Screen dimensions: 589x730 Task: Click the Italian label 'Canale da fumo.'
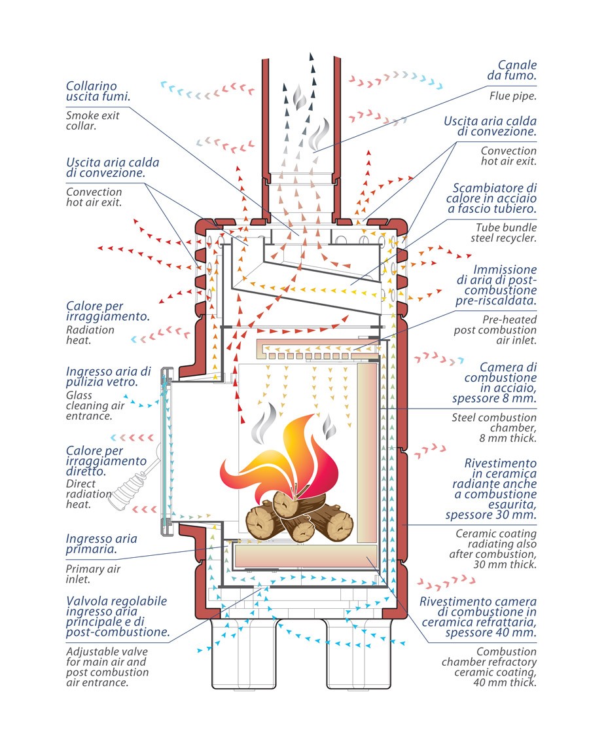point(512,70)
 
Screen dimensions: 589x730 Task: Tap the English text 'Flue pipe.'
point(512,96)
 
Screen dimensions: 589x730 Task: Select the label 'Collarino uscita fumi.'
point(98,91)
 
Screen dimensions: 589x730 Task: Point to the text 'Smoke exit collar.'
point(92,120)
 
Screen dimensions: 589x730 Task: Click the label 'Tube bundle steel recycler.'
point(503,233)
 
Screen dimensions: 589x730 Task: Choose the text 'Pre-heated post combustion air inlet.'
point(495,330)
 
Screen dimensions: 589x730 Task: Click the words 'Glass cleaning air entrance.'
point(95,405)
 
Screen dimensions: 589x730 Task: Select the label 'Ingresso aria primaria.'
point(101,544)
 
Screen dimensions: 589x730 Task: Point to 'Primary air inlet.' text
point(93,574)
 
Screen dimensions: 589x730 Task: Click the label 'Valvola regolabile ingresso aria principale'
point(116,611)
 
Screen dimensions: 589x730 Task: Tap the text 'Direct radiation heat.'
point(88,494)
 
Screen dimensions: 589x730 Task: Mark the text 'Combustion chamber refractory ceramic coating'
point(489,662)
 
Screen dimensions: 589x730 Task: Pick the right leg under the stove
point(359,654)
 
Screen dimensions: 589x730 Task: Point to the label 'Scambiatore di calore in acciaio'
point(491,198)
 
